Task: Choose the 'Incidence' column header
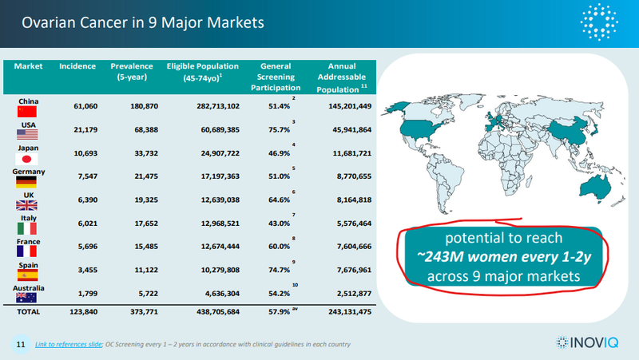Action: pos(77,66)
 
